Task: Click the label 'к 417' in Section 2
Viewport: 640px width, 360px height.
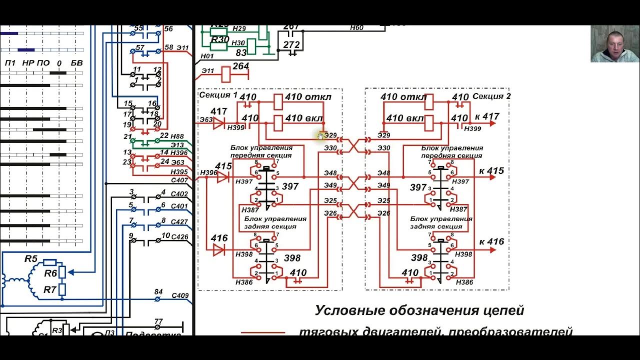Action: click(x=487, y=117)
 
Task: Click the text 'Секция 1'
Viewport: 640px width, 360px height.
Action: click(x=218, y=95)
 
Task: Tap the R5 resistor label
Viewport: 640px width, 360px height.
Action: click(x=31, y=259)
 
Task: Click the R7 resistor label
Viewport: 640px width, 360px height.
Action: click(x=49, y=289)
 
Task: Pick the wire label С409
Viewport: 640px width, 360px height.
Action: click(x=180, y=295)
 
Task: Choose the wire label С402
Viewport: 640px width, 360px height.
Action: click(x=179, y=194)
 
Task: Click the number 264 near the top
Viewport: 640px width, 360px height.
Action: click(x=240, y=66)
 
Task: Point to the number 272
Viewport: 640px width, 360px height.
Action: click(x=291, y=44)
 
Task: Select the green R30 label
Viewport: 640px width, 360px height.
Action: click(x=219, y=39)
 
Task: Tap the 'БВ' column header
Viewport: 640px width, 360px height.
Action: click(x=76, y=63)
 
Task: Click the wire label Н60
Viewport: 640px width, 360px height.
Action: click(x=356, y=28)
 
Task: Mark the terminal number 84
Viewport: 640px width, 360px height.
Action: click(x=158, y=291)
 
